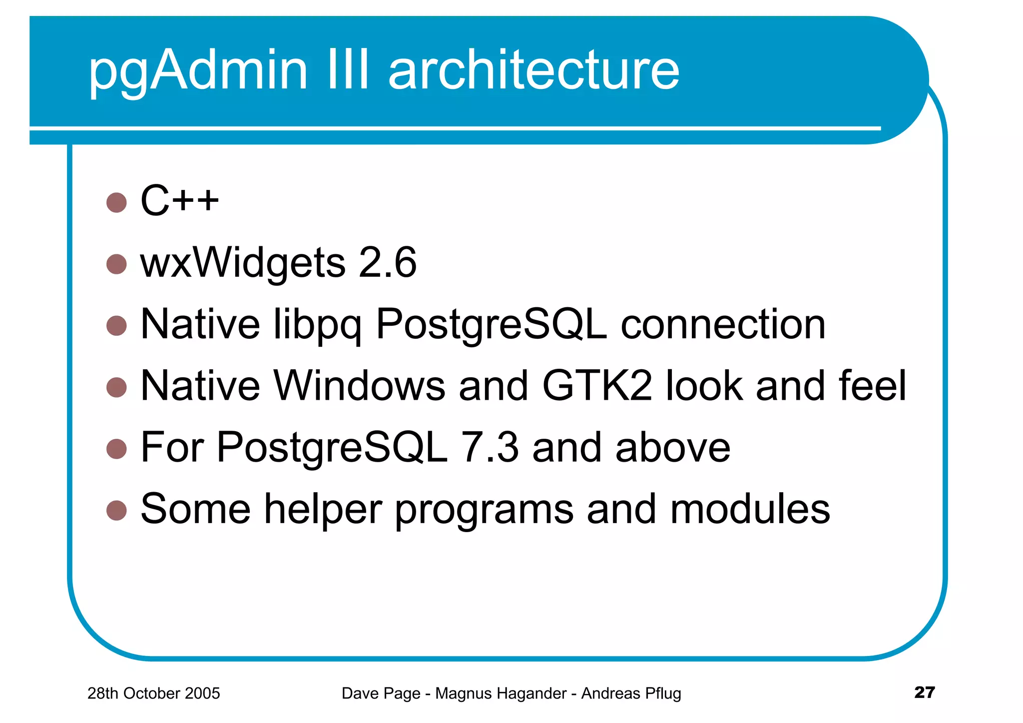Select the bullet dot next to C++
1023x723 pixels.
point(116,202)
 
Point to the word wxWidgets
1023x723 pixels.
point(243,263)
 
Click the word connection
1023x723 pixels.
point(723,325)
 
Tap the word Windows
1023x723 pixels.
point(359,386)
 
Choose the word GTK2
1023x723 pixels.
point(597,386)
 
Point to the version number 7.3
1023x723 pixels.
point(490,447)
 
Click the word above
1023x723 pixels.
point(673,447)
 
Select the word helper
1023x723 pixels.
point(323,510)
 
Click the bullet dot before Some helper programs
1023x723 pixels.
point(116,510)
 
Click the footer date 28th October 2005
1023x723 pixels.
point(153,693)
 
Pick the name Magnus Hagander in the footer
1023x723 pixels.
point(501,693)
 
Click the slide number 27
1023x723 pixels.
point(924,692)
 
